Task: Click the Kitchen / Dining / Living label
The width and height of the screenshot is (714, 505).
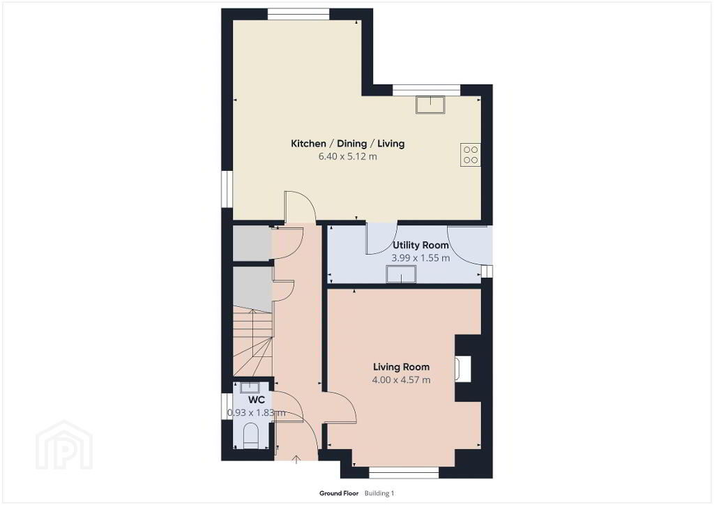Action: point(347,144)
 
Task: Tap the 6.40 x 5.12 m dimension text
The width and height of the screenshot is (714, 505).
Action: point(347,157)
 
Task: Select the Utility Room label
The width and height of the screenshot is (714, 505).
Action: point(420,245)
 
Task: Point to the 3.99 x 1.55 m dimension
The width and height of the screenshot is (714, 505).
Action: point(420,258)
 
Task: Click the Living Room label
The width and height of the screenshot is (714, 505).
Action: point(401,367)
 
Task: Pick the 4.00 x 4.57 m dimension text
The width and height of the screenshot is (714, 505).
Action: point(401,379)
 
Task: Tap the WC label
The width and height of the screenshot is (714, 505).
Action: point(257,400)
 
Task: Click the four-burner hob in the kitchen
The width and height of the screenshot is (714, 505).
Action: point(471,154)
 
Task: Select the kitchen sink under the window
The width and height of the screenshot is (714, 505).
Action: point(430,105)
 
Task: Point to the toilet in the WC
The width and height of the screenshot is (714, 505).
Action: point(250,436)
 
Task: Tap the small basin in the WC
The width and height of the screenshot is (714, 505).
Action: point(250,388)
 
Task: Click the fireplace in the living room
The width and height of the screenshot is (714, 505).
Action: point(463,368)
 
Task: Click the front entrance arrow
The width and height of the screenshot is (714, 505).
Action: point(296,459)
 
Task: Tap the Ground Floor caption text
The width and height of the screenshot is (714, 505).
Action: point(339,493)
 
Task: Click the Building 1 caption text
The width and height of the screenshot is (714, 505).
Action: point(379,493)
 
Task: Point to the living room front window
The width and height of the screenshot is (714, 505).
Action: point(404,474)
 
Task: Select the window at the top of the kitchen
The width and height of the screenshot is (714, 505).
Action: point(298,15)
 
